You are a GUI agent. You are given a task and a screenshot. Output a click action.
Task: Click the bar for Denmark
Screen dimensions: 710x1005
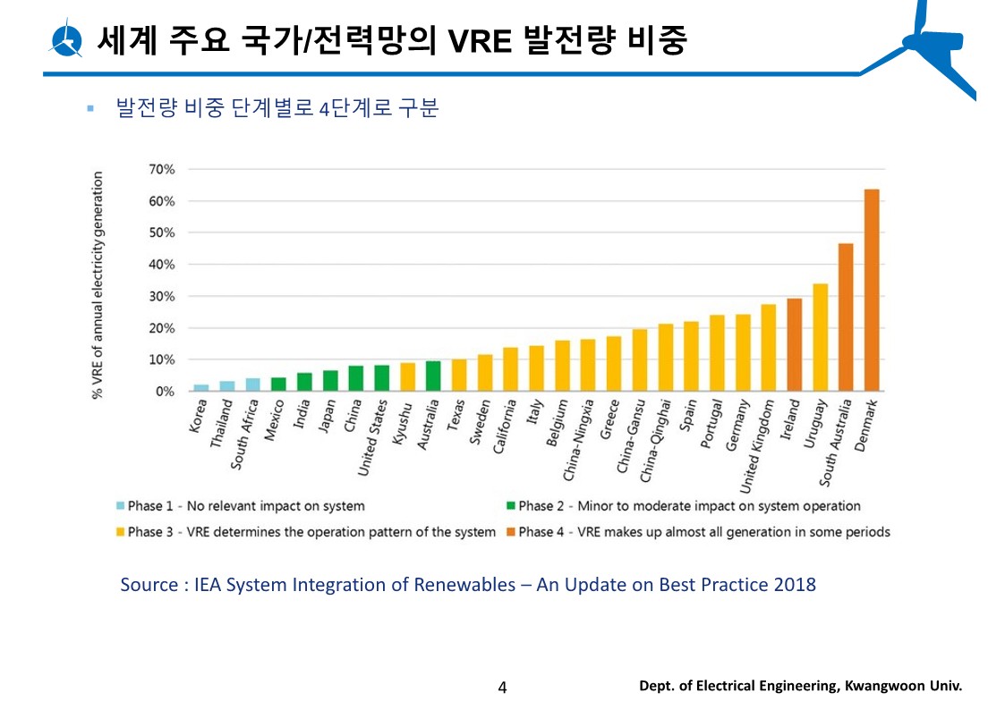(x=871, y=291)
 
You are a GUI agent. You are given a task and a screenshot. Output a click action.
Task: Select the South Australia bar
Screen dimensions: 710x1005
(x=845, y=317)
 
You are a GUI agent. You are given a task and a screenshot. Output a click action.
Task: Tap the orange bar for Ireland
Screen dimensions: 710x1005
(x=794, y=345)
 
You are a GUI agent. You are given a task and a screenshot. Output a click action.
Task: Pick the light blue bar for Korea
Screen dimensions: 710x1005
(x=201, y=388)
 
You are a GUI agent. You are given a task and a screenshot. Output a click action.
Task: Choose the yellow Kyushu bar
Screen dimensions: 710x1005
(x=407, y=377)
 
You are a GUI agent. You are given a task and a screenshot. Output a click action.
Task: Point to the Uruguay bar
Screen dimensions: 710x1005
(x=820, y=338)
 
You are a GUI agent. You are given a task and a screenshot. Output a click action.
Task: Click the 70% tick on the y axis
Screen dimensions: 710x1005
(x=162, y=169)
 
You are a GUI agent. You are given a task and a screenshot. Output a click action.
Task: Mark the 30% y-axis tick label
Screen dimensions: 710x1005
(x=162, y=296)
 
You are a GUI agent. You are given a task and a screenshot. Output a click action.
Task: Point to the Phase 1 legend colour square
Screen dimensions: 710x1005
(x=120, y=506)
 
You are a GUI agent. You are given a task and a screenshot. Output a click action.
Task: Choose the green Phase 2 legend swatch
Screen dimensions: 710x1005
(x=510, y=506)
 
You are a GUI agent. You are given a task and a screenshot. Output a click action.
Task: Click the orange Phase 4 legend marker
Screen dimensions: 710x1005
(x=510, y=532)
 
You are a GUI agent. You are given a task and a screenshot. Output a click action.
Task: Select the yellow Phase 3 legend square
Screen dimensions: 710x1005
(x=120, y=532)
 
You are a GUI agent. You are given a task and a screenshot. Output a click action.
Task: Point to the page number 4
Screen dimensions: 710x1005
(x=502, y=687)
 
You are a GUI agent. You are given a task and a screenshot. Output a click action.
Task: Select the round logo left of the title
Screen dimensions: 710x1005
(x=67, y=39)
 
